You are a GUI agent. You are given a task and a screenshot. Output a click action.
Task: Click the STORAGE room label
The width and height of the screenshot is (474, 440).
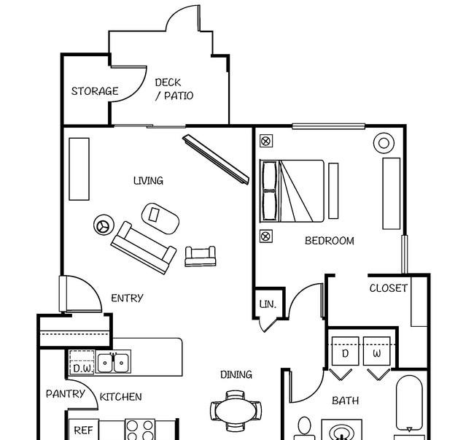point(95,91)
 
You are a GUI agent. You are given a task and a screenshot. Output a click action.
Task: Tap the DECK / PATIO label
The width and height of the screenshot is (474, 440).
point(174,89)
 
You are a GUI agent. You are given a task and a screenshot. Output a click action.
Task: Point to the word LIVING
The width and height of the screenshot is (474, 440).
point(149,180)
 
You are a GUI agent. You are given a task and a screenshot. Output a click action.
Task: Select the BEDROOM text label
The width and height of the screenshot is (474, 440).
point(330,241)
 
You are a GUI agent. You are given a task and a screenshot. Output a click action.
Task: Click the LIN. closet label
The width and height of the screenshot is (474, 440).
point(268,304)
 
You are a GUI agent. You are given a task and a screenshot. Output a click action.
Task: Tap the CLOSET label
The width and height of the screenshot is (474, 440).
point(389,288)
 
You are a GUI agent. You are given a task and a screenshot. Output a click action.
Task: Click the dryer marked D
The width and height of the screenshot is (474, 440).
point(345,351)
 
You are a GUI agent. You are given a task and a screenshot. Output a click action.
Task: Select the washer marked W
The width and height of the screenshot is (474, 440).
point(377,351)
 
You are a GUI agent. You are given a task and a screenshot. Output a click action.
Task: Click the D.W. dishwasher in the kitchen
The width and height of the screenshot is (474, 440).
point(82,362)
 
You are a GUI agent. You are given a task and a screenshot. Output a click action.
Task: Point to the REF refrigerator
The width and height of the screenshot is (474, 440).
point(84,429)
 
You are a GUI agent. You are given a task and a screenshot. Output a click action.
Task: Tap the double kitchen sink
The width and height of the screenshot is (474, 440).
point(113,361)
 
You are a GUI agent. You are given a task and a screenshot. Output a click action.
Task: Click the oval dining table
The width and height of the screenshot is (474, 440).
point(236,410)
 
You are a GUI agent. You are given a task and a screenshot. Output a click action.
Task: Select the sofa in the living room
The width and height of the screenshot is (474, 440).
point(144,248)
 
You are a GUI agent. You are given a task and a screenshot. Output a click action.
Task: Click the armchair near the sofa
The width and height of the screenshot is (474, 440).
point(201,256)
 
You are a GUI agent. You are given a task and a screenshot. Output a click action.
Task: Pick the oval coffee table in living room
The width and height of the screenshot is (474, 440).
point(160,218)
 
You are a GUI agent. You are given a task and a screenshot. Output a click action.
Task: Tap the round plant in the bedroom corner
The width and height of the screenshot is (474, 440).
point(384,143)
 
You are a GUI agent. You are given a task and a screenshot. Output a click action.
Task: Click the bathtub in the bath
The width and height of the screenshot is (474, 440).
point(409,403)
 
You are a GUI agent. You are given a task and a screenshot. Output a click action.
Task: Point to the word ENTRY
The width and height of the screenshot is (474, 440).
point(127,298)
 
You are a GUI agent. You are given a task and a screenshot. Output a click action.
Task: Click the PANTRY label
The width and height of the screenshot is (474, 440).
point(66,394)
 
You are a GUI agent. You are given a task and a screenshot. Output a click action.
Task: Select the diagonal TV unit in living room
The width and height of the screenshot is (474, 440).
point(216,159)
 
